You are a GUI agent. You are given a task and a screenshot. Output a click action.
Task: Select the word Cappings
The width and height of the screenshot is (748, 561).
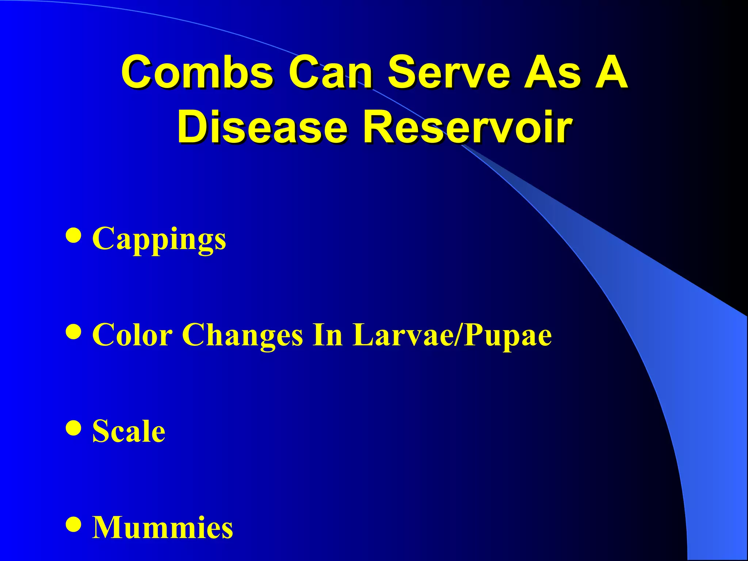159,239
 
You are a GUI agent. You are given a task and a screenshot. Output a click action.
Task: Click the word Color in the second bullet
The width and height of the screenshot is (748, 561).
132,335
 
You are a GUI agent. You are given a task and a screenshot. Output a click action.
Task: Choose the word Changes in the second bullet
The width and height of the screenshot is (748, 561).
243,335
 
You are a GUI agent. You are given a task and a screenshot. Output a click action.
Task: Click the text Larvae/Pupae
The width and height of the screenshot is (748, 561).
452,335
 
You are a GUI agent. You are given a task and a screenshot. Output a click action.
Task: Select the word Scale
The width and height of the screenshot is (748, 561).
129,431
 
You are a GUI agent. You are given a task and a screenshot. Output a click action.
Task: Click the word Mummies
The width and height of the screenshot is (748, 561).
162,527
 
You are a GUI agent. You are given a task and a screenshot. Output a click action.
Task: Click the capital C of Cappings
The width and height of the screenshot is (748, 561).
104,238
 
